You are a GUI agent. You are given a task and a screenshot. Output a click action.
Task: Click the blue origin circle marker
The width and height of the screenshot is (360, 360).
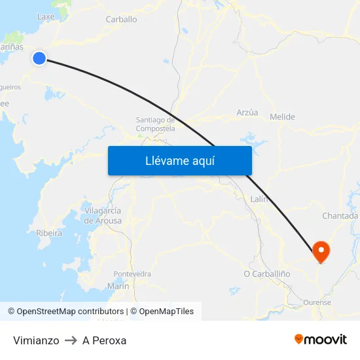39,58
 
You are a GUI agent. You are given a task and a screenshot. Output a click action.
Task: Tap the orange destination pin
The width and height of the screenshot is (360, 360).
321,251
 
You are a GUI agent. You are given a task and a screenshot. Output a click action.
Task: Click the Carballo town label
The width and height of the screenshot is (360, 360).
121,20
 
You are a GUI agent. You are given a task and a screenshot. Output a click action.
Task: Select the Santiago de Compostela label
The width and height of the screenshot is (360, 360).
155,124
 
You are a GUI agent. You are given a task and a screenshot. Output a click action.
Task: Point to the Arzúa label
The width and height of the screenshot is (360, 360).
247,113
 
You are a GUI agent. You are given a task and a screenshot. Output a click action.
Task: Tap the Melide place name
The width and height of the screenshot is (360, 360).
282,117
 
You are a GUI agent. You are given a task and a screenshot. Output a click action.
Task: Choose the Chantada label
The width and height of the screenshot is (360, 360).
340,216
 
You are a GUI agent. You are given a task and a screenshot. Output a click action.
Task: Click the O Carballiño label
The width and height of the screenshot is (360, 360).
266,274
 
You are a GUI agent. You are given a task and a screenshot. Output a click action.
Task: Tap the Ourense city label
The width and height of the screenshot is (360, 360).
317,302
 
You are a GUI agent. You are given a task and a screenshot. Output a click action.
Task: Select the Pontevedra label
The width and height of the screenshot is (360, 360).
132,274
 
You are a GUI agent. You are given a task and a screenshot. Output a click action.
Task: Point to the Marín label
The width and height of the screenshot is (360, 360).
118,286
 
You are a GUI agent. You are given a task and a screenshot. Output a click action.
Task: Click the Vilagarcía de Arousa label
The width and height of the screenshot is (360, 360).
103,215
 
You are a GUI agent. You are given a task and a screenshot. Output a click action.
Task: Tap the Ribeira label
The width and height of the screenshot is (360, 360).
49,233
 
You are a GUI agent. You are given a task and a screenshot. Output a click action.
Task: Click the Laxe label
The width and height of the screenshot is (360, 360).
46,16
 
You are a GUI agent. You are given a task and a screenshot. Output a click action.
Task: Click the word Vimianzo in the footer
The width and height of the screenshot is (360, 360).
36,340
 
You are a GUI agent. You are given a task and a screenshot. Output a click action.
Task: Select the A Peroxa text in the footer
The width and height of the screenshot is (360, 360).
104,340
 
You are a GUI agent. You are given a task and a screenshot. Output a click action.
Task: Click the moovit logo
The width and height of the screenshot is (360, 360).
320,339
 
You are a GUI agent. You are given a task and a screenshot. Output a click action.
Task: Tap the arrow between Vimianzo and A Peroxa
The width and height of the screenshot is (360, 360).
71,340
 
